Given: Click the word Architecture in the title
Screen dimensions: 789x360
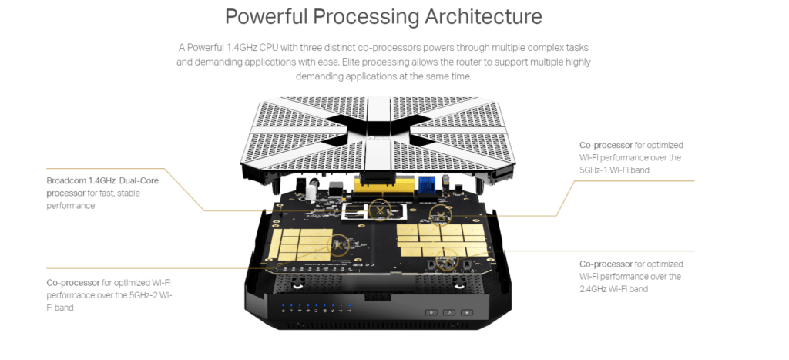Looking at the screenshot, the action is [x=483, y=17].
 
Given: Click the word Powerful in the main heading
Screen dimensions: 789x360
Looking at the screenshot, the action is [x=267, y=17].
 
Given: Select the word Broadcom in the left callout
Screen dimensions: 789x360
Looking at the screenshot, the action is [x=66, y=180].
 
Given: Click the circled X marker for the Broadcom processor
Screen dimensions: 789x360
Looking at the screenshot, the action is [x=380, y=210].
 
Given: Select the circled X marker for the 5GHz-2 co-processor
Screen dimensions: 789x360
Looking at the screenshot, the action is [x=338, y=245].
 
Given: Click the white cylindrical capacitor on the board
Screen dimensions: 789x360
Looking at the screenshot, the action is [x=311, y=190].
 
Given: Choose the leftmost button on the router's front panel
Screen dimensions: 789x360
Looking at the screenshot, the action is [x=431, y=312].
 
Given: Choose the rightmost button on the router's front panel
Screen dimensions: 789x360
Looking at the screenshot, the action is [x=466, y=312].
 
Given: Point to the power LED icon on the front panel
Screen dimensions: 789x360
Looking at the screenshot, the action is [x=284, y=311].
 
